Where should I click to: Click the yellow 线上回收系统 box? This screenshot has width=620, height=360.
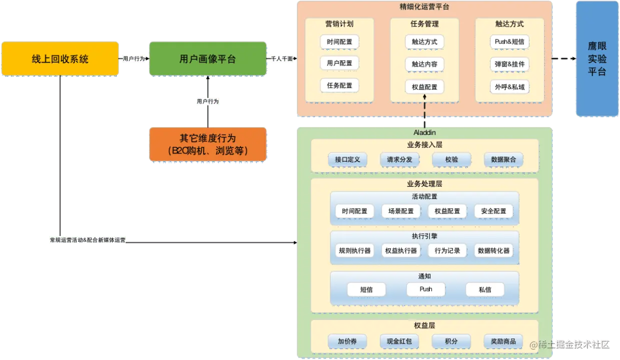coord(60,59)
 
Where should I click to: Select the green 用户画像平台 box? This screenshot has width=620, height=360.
coord(208,59)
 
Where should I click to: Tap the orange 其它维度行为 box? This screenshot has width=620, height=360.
coord(208,144)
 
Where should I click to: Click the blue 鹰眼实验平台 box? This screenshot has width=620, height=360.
coord(596,59)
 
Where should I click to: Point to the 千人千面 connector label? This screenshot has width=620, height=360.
coord(282,58)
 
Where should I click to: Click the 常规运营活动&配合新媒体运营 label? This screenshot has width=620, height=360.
coord(88,240)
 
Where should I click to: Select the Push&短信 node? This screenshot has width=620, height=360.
coord(509,42)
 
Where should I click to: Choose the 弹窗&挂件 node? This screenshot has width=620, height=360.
coord(509,64)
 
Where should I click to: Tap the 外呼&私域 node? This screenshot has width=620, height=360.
coord(509,86)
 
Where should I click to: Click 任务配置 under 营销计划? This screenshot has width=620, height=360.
coord(340,85)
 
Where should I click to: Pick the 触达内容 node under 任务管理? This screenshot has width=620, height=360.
coord(424,64)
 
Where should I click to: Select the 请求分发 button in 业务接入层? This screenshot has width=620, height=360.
coord(399,159)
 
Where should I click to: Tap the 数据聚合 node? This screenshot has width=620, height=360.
coord(503,159)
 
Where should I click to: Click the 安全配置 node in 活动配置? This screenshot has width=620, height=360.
coord(493,211)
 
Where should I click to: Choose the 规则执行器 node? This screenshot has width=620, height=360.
coord(355,250)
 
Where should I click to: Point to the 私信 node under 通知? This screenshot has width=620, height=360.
coord(484,289)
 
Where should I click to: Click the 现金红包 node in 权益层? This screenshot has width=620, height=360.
coord(399,341)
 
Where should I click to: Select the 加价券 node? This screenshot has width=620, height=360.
coord(347,341)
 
